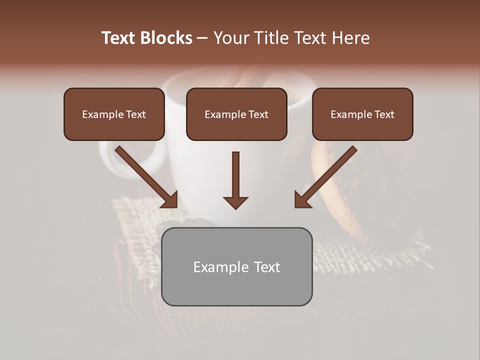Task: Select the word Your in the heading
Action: pos(230,38)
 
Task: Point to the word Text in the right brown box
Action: pos(384,114)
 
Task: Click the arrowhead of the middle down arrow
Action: pos(235,202)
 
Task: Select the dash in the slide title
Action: pos(202,38)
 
